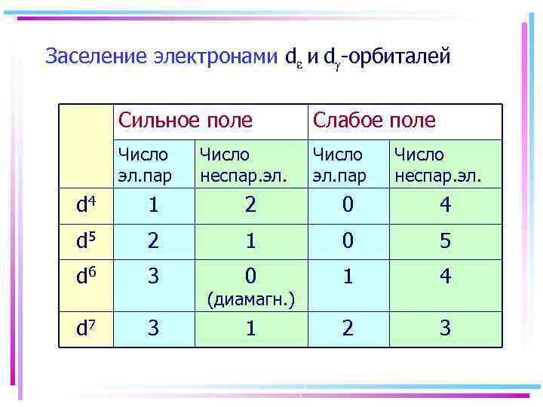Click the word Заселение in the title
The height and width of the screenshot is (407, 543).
(96, 57)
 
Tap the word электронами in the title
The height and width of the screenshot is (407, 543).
(215, 57)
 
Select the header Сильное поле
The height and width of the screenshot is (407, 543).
(185, 121)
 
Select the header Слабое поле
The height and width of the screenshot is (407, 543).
(374, 121)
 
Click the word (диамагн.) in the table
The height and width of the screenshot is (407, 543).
(250, 301)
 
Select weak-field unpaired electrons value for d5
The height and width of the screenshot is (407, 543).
(446, 242)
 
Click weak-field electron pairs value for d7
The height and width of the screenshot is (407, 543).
(348, 329)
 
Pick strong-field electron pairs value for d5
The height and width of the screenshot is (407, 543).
(153, 242)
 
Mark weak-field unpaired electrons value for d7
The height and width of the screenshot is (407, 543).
(446, 329)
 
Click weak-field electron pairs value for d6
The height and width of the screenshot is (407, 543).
(348, 277)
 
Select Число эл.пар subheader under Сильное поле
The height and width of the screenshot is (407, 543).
(144, 166)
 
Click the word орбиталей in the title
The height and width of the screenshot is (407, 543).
(400, 57)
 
